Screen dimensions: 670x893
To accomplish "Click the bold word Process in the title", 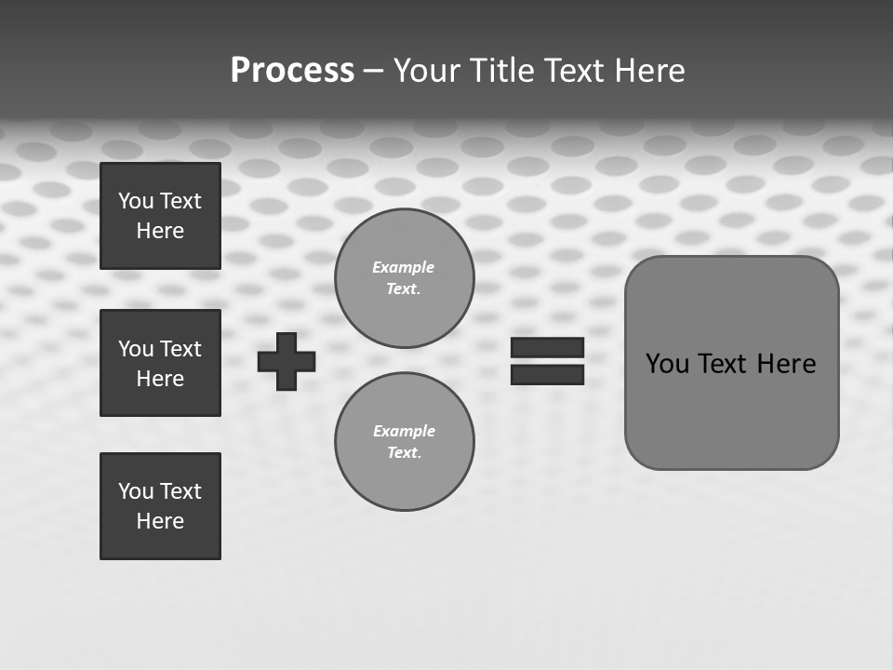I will tap(292, 71).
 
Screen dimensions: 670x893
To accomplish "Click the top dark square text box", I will tap(160, 216).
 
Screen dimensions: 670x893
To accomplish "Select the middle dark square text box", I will tap(160, 363).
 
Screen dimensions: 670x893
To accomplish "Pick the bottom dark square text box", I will tap(160, 506).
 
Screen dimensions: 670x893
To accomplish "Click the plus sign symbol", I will tap(287, 361).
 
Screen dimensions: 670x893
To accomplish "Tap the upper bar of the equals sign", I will tap(547, 347).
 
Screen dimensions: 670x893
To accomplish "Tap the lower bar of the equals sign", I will tap(547, 374).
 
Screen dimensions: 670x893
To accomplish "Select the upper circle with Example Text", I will tap(404, 277).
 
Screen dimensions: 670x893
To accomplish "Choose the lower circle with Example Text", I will tap(404, 441).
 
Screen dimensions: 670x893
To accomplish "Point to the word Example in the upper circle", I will tap(404, 267).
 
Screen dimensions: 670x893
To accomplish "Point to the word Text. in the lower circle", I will tap(404, 452).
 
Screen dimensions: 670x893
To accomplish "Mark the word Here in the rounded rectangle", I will tap(786, 364).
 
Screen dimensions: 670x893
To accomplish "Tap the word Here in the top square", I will tap(160, 231).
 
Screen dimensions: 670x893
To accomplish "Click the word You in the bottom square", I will tap(136, 491).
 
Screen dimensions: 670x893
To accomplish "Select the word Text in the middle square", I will tap(180, 349).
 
